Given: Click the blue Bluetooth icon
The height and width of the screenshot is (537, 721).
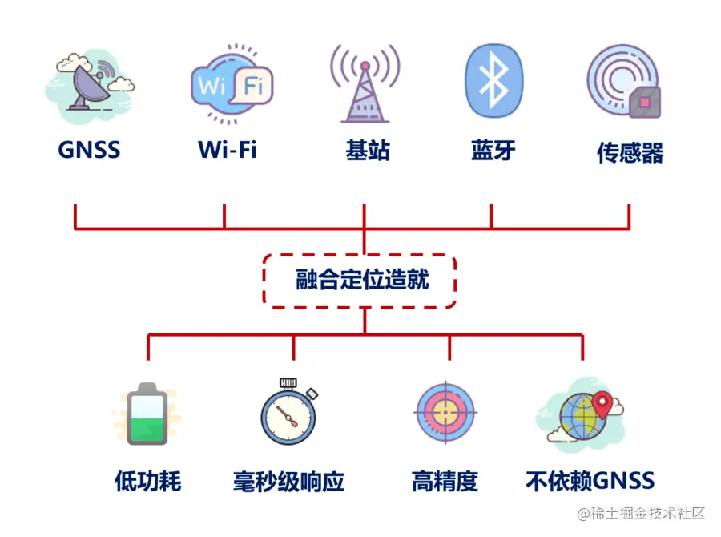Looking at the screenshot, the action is [493, 80].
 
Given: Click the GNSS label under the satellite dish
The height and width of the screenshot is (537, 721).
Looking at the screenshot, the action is [89, 150].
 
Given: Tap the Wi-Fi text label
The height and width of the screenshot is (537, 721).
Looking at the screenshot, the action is [228, 150].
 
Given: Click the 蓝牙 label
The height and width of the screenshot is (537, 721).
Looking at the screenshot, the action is [493, 150].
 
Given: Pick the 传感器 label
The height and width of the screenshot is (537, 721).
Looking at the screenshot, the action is [630, 152].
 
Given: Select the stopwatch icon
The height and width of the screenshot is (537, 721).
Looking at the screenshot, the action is [288, 414].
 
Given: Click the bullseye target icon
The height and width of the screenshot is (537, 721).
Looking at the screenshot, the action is [445, 412].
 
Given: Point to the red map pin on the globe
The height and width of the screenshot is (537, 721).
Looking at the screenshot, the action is [601, 402].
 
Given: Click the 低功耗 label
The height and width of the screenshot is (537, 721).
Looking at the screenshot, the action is [148, 482].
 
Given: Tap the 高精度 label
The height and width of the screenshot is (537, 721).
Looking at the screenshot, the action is [445, 482].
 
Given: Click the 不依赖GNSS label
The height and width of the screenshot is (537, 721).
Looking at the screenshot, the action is [590, 481].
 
